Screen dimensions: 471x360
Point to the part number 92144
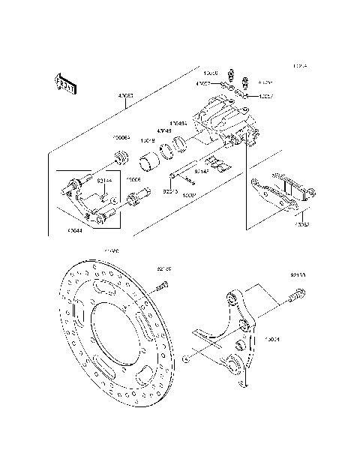click(x=105, y=181)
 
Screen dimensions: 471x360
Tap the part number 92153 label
click(x=298, y=275)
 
